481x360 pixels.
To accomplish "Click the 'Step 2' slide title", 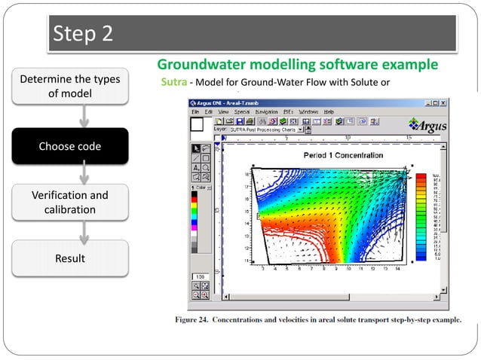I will (x=83, y=35).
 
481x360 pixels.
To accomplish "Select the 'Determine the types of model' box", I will (x=69, y=87).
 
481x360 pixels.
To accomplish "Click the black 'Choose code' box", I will (x=69, y=146).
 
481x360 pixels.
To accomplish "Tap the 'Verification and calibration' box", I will (x=69, y=202).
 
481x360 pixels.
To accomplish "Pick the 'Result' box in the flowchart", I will (x=69, y=258).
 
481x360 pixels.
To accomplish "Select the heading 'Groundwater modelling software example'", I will (x=297, y=64).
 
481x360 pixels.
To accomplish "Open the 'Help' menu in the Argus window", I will (x=329, y=111).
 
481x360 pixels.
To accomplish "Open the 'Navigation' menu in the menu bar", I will (x=266, y=111).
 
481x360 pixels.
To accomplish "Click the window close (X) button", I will (x=443, y=102).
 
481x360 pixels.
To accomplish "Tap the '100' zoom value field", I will (x=201, y=276).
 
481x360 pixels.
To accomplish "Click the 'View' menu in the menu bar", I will (x=223, y=111).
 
